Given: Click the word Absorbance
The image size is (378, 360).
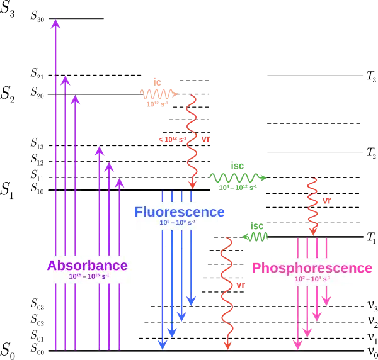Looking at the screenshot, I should point(87,266).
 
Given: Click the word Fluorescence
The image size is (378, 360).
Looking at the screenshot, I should point(179,212).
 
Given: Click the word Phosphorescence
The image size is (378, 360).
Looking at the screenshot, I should point(311,268).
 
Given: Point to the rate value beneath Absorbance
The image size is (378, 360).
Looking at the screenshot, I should point(89,276).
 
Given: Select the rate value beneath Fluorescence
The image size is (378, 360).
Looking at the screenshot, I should point(177,222).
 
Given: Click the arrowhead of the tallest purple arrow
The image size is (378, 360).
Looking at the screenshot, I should point(55,25).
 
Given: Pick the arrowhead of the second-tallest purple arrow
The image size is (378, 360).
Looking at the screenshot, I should point(65,81).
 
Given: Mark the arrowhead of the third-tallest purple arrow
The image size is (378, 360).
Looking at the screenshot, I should point(75,99).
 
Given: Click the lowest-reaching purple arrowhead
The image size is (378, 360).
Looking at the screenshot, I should point(119,183).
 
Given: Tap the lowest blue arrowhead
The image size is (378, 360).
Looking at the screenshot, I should point(162,344).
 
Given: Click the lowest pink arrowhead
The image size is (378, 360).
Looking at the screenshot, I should point(297,344).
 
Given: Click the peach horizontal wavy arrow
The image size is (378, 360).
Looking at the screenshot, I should point(157,93).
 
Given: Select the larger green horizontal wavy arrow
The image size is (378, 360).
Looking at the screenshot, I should point(237,177).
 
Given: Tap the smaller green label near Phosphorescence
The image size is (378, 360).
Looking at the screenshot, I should point(256,232).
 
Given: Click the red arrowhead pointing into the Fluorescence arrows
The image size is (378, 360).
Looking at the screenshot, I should point(192,184).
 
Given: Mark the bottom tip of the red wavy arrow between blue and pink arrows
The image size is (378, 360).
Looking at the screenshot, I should point(227,346).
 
